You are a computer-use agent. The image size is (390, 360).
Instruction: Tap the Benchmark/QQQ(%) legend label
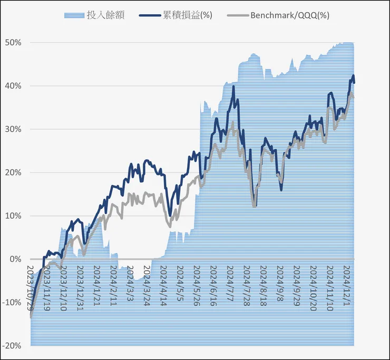[x=290, y=15]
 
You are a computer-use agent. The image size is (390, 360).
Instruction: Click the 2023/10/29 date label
[x=31, y=288]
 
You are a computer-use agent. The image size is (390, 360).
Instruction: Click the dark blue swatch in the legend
[x=149, y=15]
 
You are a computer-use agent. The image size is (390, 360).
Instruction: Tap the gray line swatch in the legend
[x=236, y=15]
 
